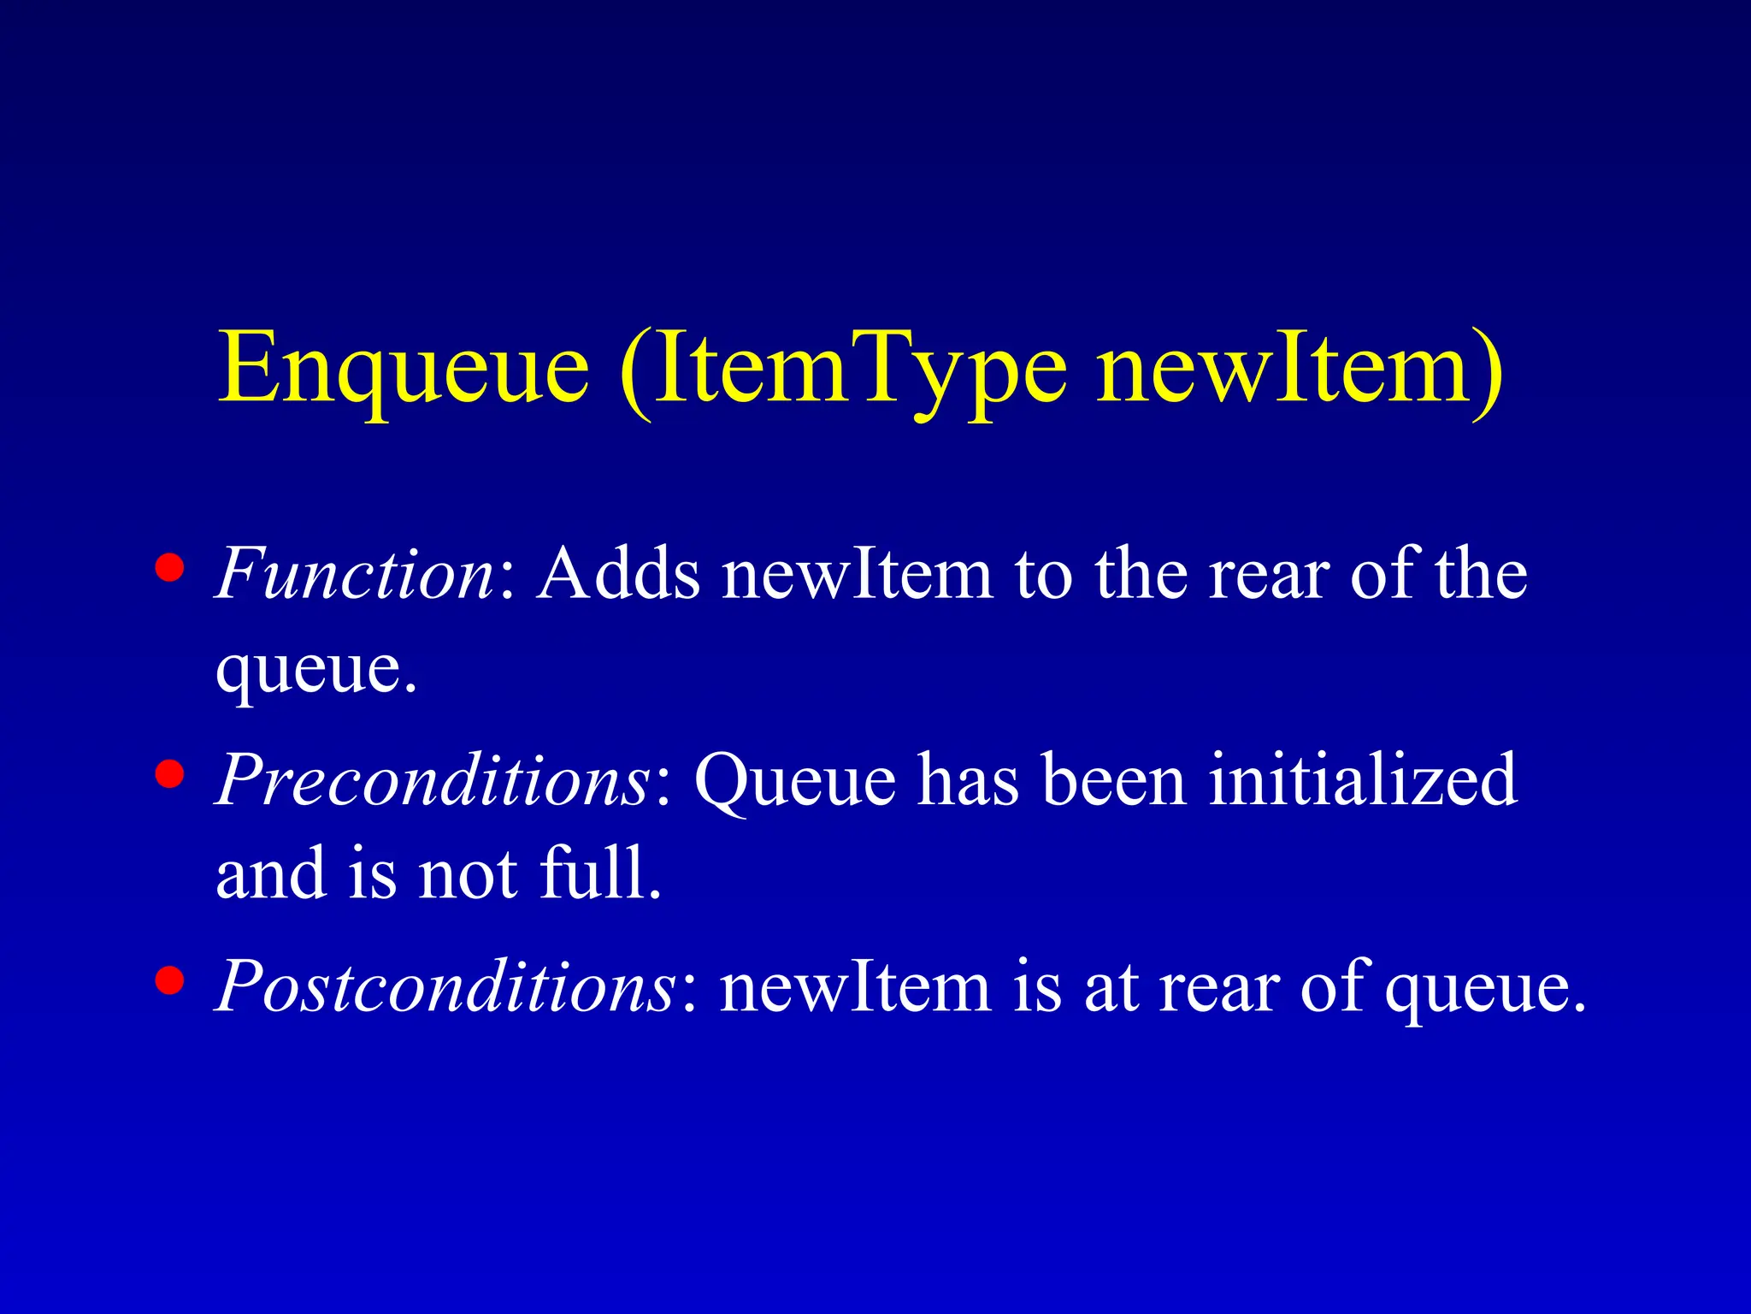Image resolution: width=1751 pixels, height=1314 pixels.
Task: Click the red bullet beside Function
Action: (x=170, y=568)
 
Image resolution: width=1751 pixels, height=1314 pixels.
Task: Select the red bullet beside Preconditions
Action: (x=170, y=773)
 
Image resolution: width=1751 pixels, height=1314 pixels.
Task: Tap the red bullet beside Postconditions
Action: (x=170, y=981)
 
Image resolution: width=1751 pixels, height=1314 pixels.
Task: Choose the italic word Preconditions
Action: (x=433, y=779)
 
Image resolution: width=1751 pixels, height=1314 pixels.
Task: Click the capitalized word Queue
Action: (x=795, y=779)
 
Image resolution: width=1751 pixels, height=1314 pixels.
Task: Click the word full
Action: (x=600, y=873)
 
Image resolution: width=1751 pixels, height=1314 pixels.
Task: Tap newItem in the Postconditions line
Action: (x=856, y=986)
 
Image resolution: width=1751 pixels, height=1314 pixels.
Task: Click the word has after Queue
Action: (x=970, y=779)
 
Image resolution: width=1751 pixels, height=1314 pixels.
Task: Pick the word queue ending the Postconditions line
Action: (x=1485, y=986)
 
